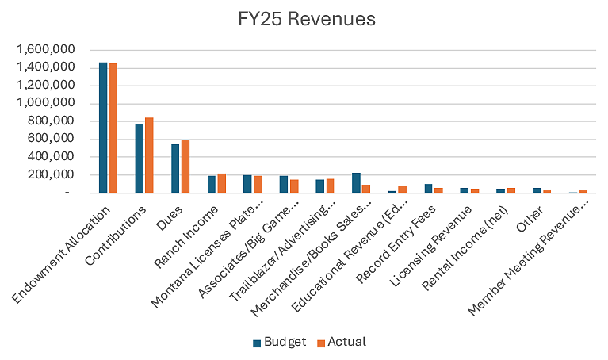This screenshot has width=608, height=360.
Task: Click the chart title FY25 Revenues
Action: tap(303, 17)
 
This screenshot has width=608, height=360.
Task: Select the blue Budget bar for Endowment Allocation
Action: tap(103, 127)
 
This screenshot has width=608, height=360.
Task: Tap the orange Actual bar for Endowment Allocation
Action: tap(113, 128)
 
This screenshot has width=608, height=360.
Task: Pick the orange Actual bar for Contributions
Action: tap(149, 155)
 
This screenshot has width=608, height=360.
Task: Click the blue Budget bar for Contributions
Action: tap(140, 158)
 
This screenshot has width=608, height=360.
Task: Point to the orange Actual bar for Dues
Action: tap(185, 166)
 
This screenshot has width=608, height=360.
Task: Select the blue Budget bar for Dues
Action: tap(176, 168)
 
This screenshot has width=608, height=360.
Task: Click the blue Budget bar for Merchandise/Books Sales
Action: tap(357, 182)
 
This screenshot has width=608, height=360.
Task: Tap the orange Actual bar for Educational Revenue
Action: tap(402, 189)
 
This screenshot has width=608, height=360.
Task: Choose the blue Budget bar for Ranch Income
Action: tap(212, 184)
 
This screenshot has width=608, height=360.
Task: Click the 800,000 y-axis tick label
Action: tap(48, 121)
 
